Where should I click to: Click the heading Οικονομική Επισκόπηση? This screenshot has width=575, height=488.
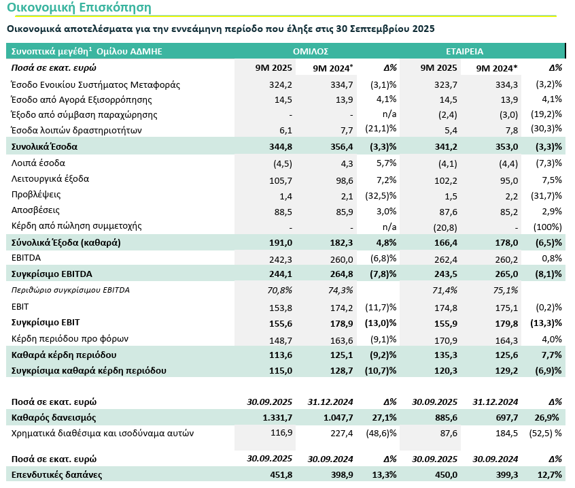(x=79, y=8)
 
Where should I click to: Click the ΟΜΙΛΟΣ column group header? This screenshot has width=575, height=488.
(x=311, y=51)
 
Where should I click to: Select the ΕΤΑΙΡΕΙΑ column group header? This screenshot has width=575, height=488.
(x=465, y=51)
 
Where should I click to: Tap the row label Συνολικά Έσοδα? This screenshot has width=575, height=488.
(x=45, y=146)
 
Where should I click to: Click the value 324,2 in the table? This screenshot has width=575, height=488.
(x=281, y=84)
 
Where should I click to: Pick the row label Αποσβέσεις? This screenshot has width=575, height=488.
(x=36, y=210)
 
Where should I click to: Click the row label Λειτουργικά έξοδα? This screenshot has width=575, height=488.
(x=50, y=179)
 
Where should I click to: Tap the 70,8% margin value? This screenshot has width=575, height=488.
(x=280, y=290)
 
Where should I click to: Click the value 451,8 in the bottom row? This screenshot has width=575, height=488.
(x=280, y=474)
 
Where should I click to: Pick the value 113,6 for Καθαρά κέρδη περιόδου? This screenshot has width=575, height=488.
(x=280, y=355)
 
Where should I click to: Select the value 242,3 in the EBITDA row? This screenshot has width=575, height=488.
(x=281, y=259)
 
